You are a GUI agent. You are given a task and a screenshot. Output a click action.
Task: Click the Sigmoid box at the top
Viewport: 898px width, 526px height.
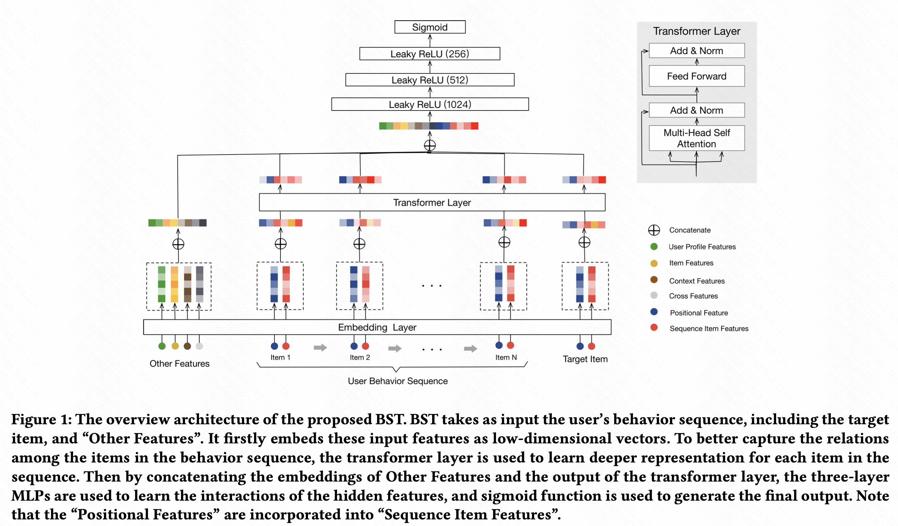pyautogui.click(x=430, y=27)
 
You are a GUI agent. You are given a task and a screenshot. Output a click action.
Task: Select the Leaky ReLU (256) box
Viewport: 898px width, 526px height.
pyautogui.click(x=430, y=54)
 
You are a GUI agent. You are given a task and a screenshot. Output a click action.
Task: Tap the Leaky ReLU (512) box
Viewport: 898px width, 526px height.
pyautogui.click(x=430, y=80)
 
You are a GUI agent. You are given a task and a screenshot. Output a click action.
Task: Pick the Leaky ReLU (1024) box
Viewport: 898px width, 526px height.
pyautogui.click(x=430, y=104)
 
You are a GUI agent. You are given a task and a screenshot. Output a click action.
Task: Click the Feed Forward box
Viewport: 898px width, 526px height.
pyautogui.click(x=696, y=76)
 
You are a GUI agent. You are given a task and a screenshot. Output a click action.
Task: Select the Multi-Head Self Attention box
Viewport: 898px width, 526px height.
pyautogui.click(x=696, y=138)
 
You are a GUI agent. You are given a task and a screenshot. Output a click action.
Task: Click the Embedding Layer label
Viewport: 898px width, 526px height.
pyautogui.click(x=377, y=327)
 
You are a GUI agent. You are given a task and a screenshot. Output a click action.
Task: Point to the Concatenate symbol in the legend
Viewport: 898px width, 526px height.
pyautogui.click(x=654, y=230)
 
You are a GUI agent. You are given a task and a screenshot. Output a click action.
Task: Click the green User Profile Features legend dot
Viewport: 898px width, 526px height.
pyautogui.click(x=654, y=246)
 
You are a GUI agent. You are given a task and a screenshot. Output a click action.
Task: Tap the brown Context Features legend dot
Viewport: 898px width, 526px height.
pyautogui.click(x=654, y=280)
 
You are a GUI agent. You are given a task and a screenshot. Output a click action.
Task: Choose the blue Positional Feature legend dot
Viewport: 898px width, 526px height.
pyautogui.click(x=654, y=312)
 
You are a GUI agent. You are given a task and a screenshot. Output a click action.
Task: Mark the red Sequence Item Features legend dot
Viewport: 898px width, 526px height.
pyautogui.click(x=654, y=327)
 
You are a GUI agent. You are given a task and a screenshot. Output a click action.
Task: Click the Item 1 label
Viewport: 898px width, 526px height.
pyautogui.click(x=280, y=357)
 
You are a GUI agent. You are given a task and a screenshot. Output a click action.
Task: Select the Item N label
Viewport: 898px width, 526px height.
pyautogui.click(x=506, y=357)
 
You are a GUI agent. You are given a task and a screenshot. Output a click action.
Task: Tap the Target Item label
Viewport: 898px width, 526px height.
pyautogui.click(x=585, y=359)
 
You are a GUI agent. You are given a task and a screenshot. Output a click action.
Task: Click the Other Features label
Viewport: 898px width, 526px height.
pyautogui.click(x=180, y=364)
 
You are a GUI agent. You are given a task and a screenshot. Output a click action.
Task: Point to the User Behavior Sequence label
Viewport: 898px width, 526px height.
pyautogui.click(x=398, y=381)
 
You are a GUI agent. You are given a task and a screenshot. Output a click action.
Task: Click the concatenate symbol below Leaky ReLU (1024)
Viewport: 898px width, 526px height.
pyautogui.click(x=430, y=145)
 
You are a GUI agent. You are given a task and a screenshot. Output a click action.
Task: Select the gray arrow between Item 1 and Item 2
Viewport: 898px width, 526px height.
pyautogui.click(x=320, y=347)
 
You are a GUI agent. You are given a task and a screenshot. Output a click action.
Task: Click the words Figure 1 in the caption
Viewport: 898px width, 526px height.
pyautogui.click(x=41, y=420)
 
